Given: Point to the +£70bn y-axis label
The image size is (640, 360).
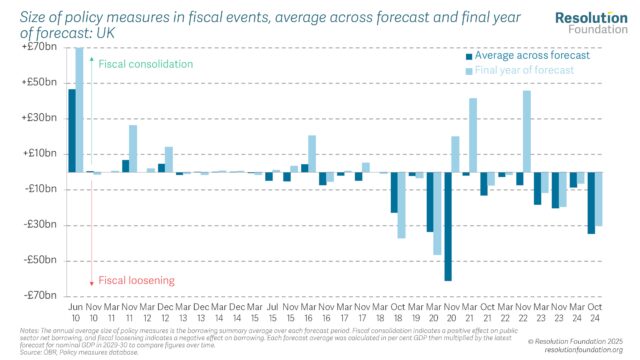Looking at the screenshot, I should pyautogui.click(x=42, y=47).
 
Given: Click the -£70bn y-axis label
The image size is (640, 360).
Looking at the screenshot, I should pyautogui.click(x=42, y=295).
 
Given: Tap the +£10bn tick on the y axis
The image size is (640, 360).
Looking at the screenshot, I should pyautogui.click(x=42, y=153).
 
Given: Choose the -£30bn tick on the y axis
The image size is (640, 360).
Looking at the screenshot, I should pyautogui.click(x=42, y=224).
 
